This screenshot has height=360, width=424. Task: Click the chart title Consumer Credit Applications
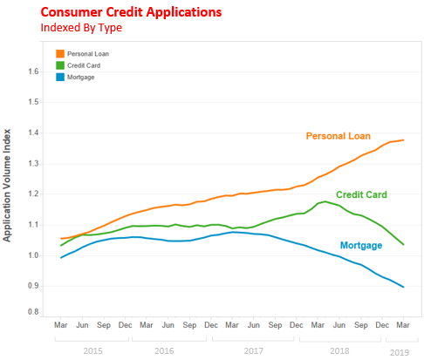pos(131,12)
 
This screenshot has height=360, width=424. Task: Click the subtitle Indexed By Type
pos(81,28)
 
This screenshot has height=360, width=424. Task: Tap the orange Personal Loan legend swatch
pos(60,54)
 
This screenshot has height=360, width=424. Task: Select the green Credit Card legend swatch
pos(60,65)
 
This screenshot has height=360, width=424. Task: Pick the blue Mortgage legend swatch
pos(60,77)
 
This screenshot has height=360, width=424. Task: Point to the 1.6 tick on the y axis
pos(33,71)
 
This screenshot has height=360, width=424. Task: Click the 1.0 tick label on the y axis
pos(33,255)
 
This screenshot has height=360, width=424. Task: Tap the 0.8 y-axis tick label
pos(33,312)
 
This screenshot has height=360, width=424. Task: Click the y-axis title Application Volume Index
pos(7,185)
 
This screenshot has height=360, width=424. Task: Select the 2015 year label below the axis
pos(92,351)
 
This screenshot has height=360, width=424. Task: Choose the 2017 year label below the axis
pos(253,351)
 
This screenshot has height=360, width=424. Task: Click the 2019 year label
pos(400,352)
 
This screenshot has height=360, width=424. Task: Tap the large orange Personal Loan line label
pos(339,136)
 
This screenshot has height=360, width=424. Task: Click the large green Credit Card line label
pos(361,194)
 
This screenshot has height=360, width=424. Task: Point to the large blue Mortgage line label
pos(361,245)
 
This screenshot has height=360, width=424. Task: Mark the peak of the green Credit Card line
pos(325,201)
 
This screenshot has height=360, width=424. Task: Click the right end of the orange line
pos(404,140)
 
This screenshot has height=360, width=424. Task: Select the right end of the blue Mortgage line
pos(404,287)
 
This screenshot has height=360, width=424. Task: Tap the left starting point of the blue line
pos(61,258)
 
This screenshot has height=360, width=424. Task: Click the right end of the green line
pos(404,244)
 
